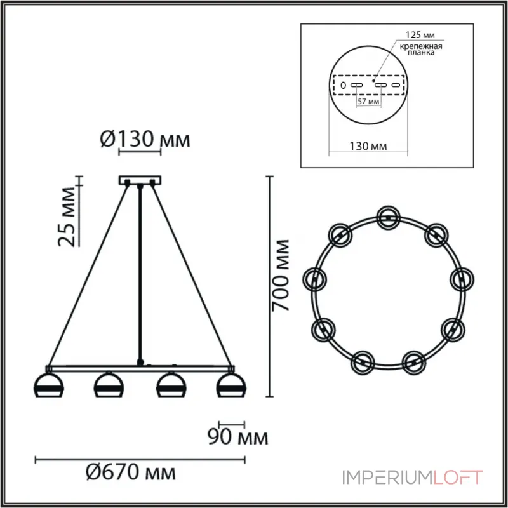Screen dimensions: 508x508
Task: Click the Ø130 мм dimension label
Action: pyautogui.click(x=145, y=138)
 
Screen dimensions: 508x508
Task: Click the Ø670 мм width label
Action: pyautogui.click(x=130, y=472)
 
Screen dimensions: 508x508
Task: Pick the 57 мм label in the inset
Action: pyautogui.click(x=369, y=101)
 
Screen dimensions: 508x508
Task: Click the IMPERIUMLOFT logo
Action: pyautogui.click(x=413, y=477)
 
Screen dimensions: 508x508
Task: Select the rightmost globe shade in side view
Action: pyautogui.click(x=231, y=385)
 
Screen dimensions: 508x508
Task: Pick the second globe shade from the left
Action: pyautogui.click(x=108, y=385)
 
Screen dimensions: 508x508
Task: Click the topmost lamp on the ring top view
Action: pyautogui.click(x=387, y=216)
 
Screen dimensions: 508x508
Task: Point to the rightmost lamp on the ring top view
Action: pyautogui.click(x=462, y=278)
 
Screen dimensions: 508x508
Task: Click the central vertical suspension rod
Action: pyautogui.click(x=140, y=273)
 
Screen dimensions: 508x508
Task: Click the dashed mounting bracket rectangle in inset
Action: pyautogui.click(x=369, y=84)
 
